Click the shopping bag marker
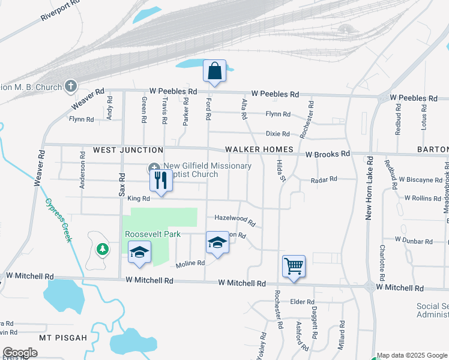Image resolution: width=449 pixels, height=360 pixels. pyautogui.click(x=214, y=71)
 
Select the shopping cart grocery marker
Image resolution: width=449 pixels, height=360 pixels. pyautogui.click(x=294, y=265)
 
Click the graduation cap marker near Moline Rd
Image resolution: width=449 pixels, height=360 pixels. pyautogui.click(x=217, y=243)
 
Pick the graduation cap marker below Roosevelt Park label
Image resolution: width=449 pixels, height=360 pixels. pyautogui.click(x=139, y=253)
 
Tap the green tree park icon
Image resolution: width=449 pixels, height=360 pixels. pyautogui.click(x=103, y=248)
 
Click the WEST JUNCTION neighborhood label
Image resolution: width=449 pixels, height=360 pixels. pyautogui.click(x=127, y=149)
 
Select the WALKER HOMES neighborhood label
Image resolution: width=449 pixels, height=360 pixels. pyautogui.click(x=259, y=149)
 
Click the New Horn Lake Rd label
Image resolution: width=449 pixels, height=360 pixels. pyautogui.click(x=369, y=188)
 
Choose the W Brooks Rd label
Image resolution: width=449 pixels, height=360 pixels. pyautogui.click(x=327, y=154)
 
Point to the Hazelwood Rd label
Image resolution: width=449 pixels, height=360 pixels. pyautogui.click(x=235, y=221)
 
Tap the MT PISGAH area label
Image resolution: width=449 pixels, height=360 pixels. pyautogui.click(x=63, y=338)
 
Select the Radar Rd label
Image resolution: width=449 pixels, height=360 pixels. pyautogui.click(x=324, y=179)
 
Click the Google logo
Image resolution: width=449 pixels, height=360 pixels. pyautogui.click(x=20, y=353)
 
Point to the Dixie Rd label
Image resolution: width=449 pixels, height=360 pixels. pyautogui.click(x=278, y=134)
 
